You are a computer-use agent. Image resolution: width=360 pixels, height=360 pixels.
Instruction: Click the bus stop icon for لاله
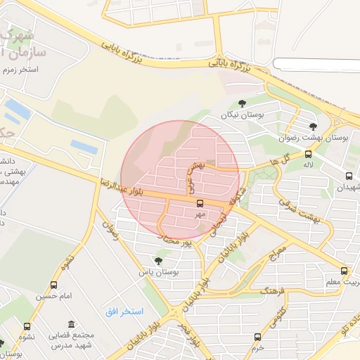[308, 154]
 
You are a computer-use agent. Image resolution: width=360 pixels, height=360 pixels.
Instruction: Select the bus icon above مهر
[200, 203]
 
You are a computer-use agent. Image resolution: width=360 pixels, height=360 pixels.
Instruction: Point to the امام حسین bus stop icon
[54, 285]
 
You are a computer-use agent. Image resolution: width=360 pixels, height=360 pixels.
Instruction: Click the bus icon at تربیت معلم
[344, 271]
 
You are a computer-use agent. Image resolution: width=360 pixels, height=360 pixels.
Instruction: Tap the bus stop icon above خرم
[257, 337]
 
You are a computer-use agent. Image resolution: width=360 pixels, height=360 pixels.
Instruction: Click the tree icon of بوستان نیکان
[243, 103]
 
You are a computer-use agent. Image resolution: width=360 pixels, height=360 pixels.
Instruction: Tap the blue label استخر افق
[124, 311]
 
